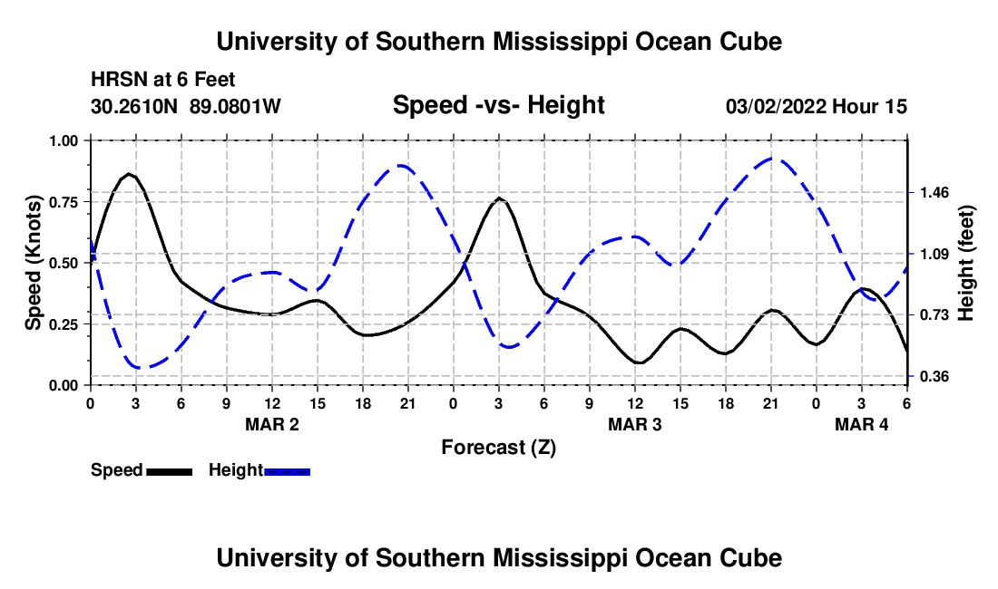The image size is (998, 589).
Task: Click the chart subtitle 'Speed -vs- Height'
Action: [498, 105]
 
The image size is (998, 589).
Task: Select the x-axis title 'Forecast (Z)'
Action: [498, 447]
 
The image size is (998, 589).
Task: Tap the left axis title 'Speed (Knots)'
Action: [34, 263]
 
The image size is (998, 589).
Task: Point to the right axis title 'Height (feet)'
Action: [965, 263]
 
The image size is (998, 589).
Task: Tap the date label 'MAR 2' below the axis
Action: [272, 424]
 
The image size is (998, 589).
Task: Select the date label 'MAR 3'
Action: [635, 424]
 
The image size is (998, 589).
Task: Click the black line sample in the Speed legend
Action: [169, 471]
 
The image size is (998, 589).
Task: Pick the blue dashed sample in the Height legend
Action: [287, 471]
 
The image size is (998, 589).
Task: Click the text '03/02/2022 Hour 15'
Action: [816, 107]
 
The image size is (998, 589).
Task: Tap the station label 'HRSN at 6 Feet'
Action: [163, 81]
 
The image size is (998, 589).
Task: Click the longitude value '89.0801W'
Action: [235, 107]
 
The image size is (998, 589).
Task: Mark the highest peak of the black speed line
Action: [130, 174]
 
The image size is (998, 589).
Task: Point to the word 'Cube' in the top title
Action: [749, 43]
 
